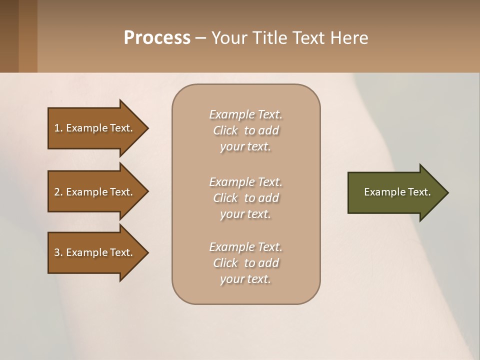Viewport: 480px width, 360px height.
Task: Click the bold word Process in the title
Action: pos(157,38)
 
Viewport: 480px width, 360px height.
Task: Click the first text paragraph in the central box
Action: pos(245,130)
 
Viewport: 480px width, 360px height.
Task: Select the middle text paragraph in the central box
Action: pos(245,198)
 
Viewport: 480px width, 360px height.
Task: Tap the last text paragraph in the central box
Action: pos(245,263)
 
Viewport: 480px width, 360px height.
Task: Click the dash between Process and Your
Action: pos(200,38)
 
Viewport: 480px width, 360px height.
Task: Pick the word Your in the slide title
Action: pos(229,38)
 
